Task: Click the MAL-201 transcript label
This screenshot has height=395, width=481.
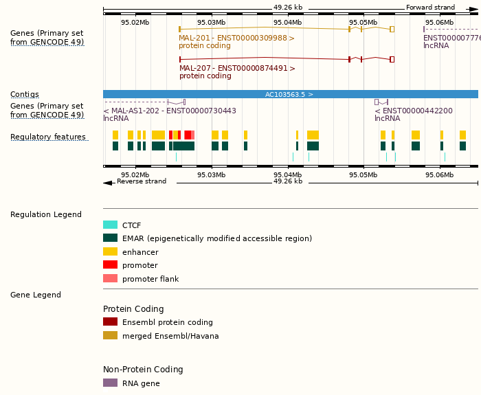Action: [236, 38]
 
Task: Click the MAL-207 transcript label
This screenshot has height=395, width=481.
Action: [237, 68]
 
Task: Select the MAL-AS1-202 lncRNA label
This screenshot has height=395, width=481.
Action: [169, 111]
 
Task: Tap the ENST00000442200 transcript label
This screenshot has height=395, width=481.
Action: [413, 111]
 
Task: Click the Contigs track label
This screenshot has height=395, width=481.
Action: [25, 94]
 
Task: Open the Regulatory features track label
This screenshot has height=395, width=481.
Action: [48, 137]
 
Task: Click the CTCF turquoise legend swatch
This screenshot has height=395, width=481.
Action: [110, 225]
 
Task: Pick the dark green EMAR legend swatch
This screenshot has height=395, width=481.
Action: [110, 238]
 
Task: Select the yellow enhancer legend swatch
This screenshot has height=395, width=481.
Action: [110, 252]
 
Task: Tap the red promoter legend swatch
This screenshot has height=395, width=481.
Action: [110, 265]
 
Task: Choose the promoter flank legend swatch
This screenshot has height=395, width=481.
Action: [110, 279]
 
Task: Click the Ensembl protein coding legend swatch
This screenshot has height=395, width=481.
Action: [110, 322]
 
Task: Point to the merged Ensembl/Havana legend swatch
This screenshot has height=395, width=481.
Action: [110, 336]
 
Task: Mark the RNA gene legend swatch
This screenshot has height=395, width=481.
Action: [110, 383]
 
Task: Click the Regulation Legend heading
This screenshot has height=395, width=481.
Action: [46, 214]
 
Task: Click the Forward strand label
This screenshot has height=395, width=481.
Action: [430, 8]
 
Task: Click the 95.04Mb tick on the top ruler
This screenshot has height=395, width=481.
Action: [287, 23]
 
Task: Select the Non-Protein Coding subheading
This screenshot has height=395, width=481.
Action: [143, 370]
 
